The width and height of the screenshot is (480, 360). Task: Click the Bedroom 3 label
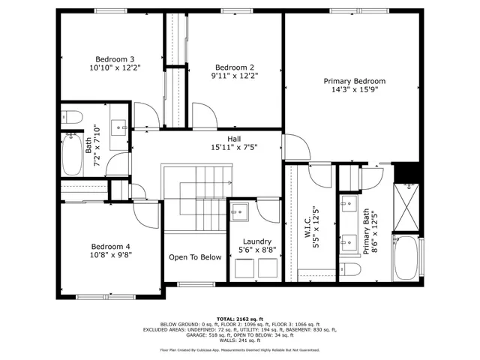tap(114, 59)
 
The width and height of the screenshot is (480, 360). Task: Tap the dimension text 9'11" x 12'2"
tap(235, 75)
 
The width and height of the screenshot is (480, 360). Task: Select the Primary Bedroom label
tap(354, 81)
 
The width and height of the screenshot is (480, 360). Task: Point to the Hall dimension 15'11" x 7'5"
tap(235, 148)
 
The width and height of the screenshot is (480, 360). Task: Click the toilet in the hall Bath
tap(71, 116)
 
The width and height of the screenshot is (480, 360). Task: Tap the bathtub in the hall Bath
tap(72, 155)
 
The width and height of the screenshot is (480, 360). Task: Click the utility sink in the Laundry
tap(239, 211)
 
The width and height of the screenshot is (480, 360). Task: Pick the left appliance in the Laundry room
tap(244, 268)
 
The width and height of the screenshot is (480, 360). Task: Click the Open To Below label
tap(195, 257)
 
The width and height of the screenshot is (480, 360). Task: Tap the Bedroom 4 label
tap(110, 246)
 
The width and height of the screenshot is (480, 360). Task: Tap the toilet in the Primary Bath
tap(349, 268)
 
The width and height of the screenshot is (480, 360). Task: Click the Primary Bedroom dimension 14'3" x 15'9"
tap(354, 89)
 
